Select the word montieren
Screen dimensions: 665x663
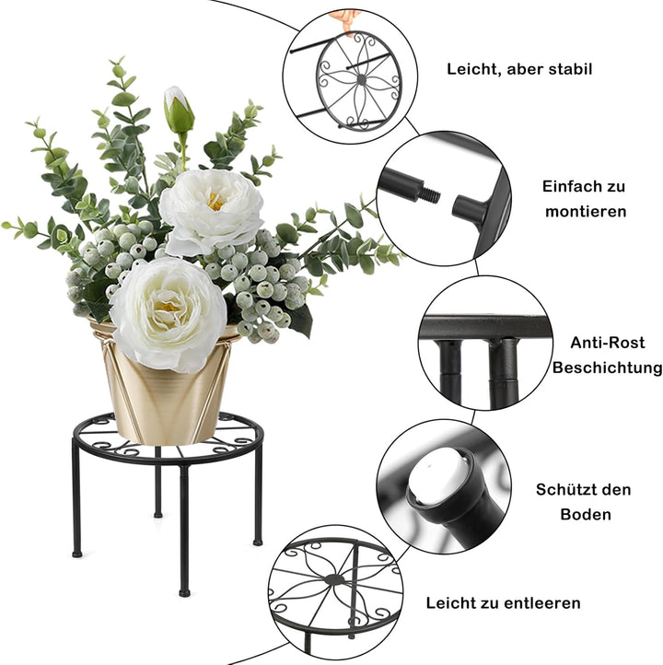(585, 211)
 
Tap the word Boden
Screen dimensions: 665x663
(585, 514)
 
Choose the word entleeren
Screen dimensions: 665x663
(543, 603)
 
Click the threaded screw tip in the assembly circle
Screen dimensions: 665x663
(431, 196)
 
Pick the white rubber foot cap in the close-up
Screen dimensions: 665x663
(438, 475)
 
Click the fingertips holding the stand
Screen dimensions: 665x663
(347, 18)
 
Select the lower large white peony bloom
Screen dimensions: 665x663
(167, 313)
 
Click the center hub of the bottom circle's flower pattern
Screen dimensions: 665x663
(335, 580)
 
